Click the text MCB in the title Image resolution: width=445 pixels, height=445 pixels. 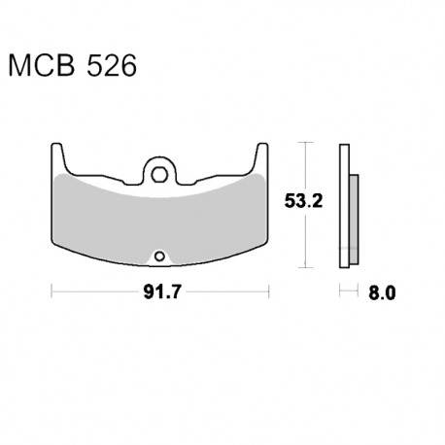point(42,66)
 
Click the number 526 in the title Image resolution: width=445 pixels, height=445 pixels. point(112,66)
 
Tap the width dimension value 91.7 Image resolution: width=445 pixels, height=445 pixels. point(160,292)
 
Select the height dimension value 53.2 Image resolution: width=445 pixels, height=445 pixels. point(303,201)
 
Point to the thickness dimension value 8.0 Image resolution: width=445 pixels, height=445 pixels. point(382,293)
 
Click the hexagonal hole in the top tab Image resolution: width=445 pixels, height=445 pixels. point(159,175)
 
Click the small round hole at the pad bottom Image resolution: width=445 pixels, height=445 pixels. point(159,257)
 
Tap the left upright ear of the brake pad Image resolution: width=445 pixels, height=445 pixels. point(57,158)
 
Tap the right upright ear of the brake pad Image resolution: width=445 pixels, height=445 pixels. point(261,158)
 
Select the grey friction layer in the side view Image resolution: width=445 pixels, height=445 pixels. point(354,219)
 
